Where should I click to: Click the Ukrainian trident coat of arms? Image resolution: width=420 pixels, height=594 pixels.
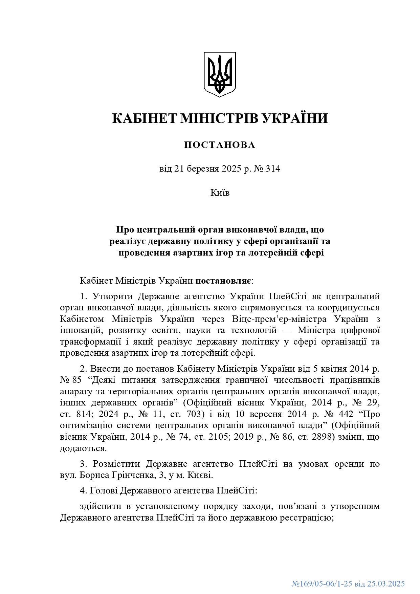pyautogui.click(x=219, y=74)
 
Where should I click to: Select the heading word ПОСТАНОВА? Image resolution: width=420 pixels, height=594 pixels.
pyautogui.click(x=220, y=145)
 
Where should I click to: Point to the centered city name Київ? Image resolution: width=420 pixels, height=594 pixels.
pyautogui.click(x=220, y=193)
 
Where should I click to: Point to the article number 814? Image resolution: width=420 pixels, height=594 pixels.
pyautogui.click(x=82, y=414)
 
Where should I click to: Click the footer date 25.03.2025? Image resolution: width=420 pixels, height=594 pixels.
pyautogui.click(x=386, y=584)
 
